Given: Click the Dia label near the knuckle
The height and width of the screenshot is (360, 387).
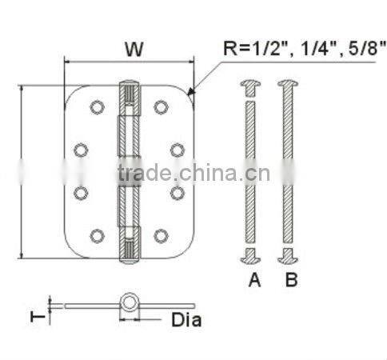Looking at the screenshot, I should pos(186,321).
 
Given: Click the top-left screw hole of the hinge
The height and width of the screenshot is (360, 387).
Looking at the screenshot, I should pos(97,106).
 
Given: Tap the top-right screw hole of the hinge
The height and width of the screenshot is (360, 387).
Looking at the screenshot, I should pos(161,106).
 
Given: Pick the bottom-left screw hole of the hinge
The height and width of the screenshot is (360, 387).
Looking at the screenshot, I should pos(97,234).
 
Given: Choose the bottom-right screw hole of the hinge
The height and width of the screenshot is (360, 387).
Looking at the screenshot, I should pos(161,234).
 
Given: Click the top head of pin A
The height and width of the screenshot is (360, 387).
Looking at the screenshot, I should pos(250,83).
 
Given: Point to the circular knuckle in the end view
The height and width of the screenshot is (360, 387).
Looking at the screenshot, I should pos(128,303).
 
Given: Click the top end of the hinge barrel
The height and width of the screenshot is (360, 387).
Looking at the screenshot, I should pos(129,82).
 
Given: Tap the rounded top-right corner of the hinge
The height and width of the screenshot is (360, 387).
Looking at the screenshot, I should pos(189,92).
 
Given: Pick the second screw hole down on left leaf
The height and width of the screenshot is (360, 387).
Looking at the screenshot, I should pos(82,149).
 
